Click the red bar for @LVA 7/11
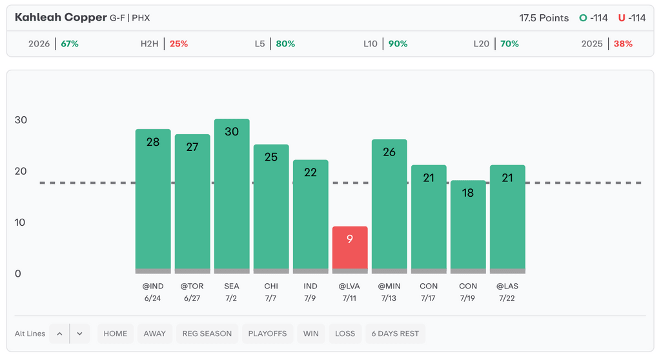[350, 250]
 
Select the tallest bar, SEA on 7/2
[232, 196]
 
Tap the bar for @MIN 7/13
[389, 206]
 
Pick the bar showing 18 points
[468, 227]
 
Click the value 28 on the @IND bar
[153, 142]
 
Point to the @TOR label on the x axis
[192, 286]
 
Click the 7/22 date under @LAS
[507, 299]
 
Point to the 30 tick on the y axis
[21, 120]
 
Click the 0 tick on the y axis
[17, 274]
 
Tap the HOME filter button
[116, 334]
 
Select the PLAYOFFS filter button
[267, 334]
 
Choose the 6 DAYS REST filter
[395, 334]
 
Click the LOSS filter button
[345, 334]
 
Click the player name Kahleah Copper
[61, 17]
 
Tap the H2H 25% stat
[165, 44]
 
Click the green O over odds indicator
[583, 17]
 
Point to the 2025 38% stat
[607, 44]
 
